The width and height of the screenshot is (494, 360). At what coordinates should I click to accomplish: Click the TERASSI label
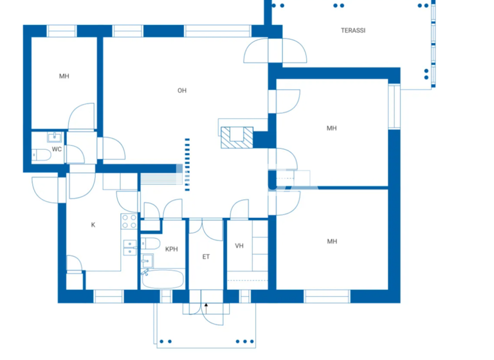[x=353, y=30]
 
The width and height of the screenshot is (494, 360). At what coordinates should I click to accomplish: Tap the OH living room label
[x=182, y=91]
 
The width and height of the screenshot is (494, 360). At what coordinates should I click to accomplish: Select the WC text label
[x=57, y=150]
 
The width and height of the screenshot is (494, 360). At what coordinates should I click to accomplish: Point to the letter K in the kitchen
[x=93, y=225]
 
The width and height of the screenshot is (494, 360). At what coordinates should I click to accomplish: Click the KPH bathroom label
[x=171, y=249]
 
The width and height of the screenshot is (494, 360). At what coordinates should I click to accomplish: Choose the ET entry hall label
[x=206, y=257]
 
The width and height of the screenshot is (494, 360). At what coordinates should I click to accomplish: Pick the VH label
[x=239, y=246]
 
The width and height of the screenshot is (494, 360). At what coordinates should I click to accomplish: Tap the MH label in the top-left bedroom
[x=64, y=76]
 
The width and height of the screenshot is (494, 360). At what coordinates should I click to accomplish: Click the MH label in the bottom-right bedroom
[x=332, y=242]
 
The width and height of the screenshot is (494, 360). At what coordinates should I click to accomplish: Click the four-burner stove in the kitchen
[x=129, y=222]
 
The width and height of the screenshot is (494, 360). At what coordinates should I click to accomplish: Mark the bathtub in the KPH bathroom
[x=163, y=279]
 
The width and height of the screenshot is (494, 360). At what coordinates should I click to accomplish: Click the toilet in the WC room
[x=42, y=154]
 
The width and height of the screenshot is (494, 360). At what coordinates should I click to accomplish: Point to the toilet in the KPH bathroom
[x=151, y=244]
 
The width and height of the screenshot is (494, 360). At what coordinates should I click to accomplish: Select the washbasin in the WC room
[x=53, y=136]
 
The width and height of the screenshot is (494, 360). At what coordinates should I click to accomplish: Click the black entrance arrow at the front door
[x=206, y=305]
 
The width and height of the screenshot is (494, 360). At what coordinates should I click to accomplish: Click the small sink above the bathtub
[x=147, y=260]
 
